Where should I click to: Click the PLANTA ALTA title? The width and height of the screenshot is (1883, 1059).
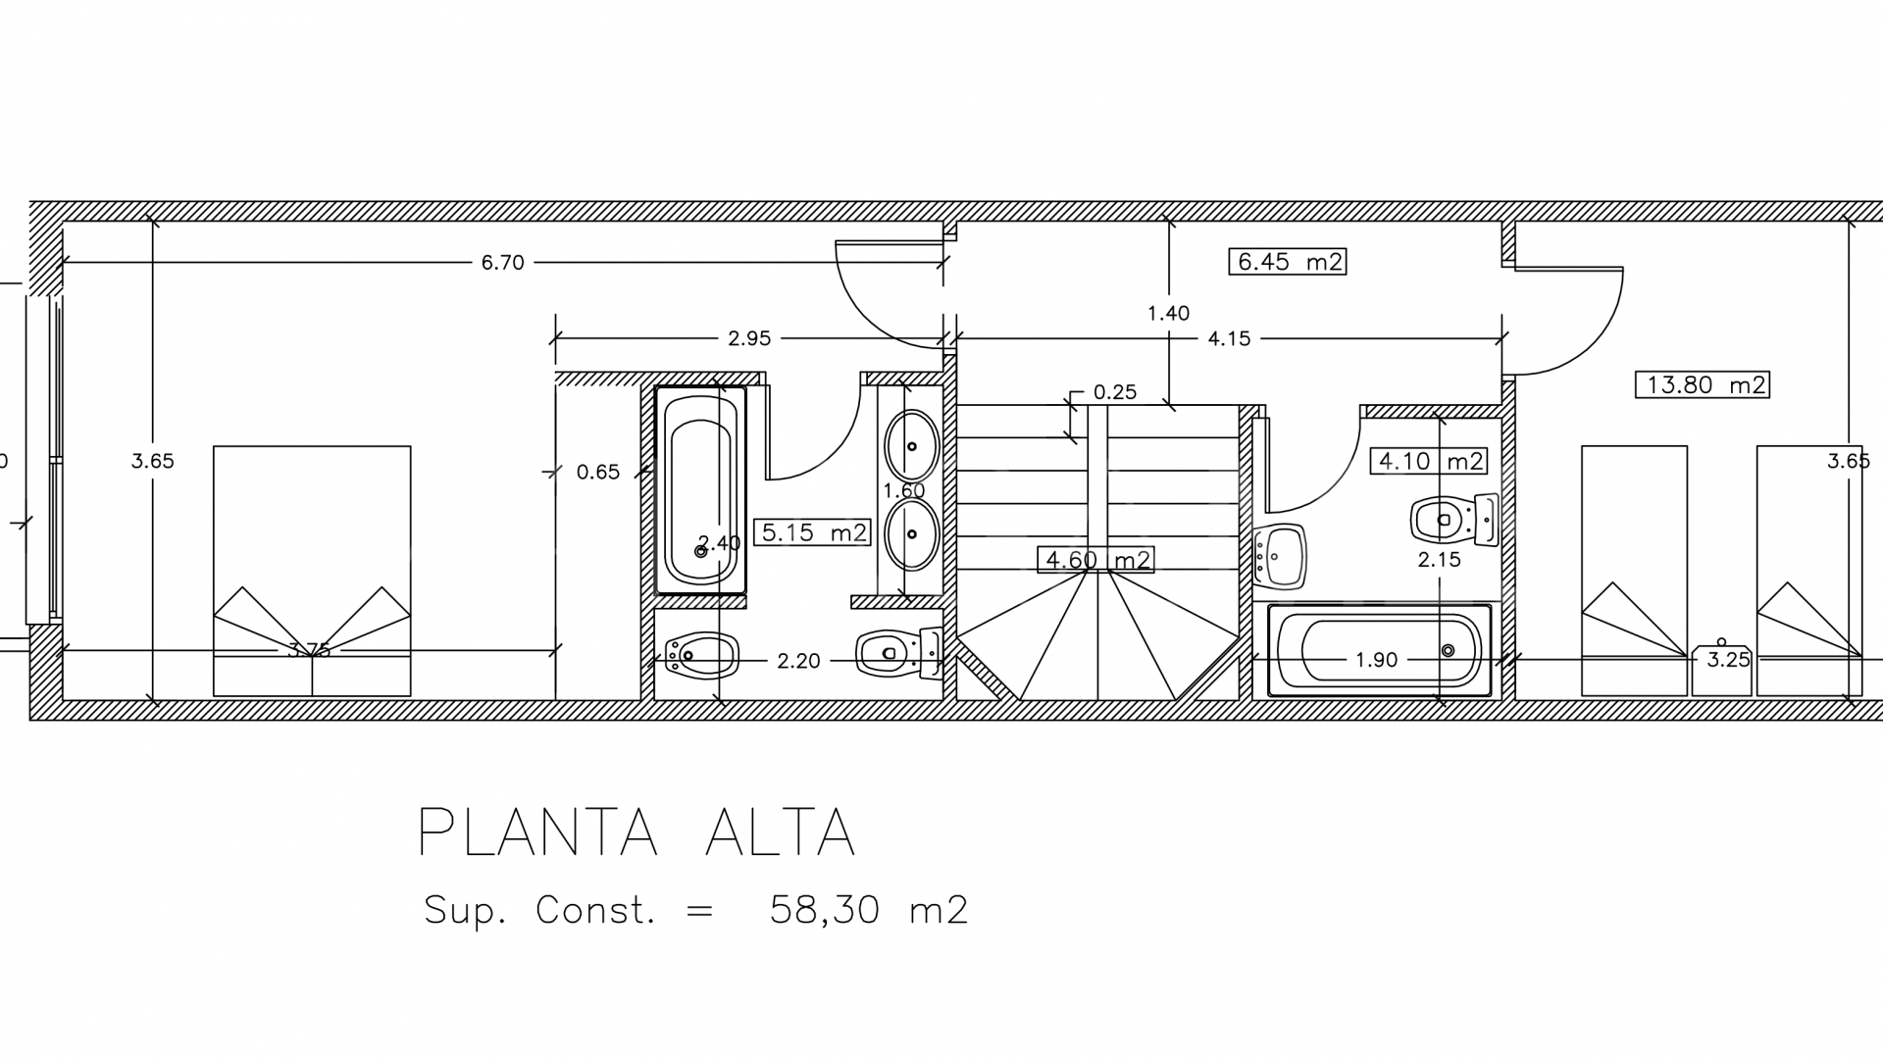636,833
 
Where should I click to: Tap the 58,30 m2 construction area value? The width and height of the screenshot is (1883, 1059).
869,910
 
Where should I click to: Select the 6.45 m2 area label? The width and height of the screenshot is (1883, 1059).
1287,262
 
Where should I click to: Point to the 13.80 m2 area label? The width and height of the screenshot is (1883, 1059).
1702,384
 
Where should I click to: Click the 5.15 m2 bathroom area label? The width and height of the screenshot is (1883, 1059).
812,532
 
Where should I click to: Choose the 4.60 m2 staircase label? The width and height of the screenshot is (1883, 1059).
1094,561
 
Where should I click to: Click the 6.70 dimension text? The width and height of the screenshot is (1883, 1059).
502,263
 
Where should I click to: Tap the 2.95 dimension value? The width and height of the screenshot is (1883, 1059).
749,339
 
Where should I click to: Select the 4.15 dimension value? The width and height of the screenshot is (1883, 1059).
1229,339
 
